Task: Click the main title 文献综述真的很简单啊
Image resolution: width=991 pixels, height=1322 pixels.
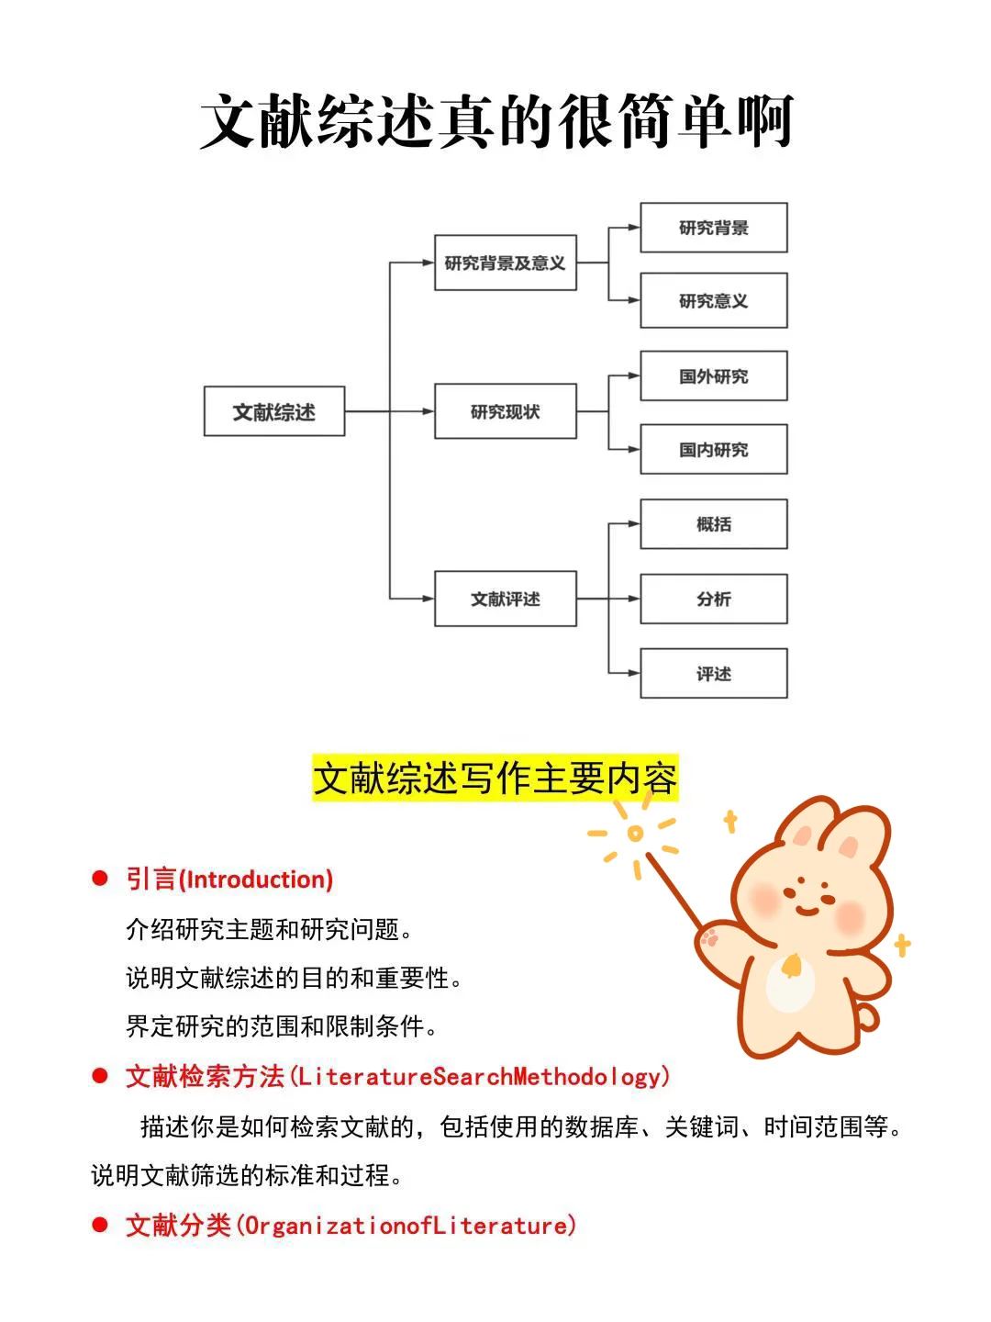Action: click(x=495, y=121)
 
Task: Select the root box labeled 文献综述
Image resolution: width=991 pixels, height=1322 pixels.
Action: click(x=274, y=411)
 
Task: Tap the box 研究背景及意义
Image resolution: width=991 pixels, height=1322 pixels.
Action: click(x=505, y=263)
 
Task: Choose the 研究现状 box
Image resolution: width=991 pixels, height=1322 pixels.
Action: click(x=505, y=411)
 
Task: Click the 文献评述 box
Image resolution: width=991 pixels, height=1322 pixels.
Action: click(x=505, y=599)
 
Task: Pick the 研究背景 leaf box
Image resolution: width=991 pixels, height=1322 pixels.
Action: click(x=713, y=228)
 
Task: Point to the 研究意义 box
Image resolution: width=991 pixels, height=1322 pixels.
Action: click(x=713, y=300)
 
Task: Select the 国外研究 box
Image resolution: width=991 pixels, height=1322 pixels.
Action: click(x=713, y=375)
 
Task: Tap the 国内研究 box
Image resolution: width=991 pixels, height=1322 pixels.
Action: click(x=713, y=449)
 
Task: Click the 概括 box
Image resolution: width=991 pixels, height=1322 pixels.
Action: click(x=713, y=524)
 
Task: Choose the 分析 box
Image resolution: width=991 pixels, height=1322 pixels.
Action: click(x=713, y=599)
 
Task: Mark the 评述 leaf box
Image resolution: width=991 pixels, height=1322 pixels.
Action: click(x=713, y=673)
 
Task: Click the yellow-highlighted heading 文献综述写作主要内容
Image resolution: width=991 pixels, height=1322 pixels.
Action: click(x=495, y=779)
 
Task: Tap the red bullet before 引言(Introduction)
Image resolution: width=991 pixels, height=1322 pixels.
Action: click(x=100, y=879)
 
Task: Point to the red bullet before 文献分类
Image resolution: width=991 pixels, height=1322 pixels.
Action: click(x=100, y=1225)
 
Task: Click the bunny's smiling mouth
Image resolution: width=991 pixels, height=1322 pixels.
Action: click(x=807, y=909)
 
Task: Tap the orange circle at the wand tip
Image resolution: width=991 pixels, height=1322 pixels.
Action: click(x=635, y=834)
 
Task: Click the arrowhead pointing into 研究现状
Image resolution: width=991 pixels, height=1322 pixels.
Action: click(x=428, y=411)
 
